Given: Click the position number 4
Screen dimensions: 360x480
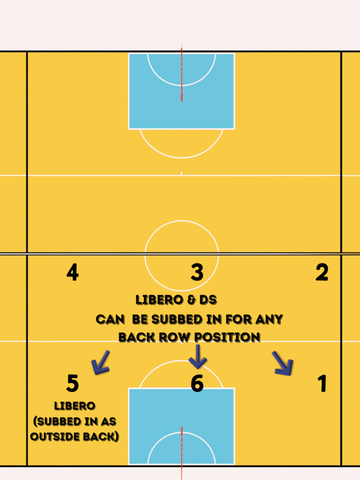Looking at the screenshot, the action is point(72,272).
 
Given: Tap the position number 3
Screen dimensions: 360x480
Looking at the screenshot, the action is point(197,272).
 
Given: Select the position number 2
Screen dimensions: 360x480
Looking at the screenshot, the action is point(322,272).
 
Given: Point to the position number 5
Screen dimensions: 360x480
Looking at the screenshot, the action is point(72,383).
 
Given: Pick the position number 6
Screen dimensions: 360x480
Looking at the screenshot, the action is point(197,383).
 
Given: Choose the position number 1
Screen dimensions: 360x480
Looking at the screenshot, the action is point(322,383).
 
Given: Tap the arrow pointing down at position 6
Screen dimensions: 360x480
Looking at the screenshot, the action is point(197,357).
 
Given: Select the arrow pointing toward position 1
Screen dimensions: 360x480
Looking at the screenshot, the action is point(283,364).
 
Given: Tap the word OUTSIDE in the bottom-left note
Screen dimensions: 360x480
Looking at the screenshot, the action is point(52,436).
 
